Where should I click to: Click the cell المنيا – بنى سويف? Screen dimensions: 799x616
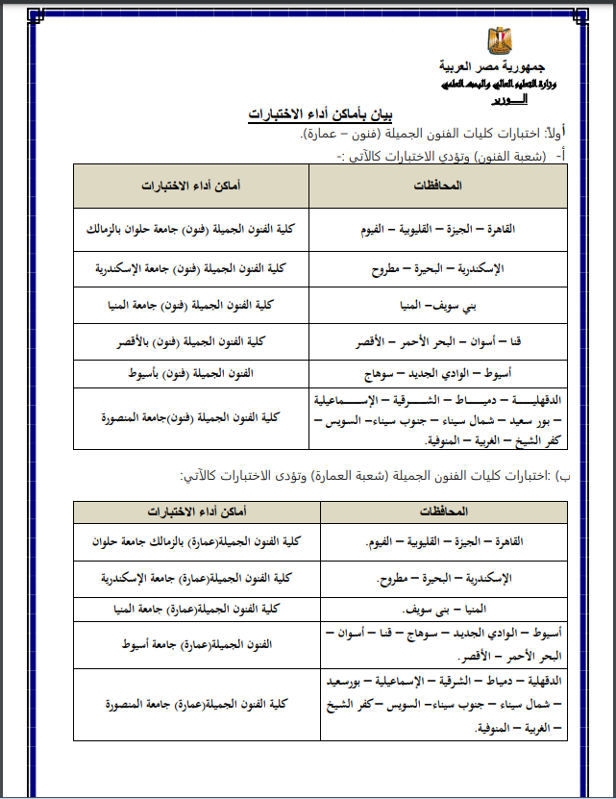444,610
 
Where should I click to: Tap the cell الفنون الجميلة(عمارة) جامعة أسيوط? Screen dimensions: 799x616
198,643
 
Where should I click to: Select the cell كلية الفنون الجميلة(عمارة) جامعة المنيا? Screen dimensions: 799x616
198,610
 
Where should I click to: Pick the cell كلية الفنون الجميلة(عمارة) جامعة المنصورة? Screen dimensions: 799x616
198,705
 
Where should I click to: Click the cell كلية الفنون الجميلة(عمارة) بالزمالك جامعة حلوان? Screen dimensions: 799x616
198,542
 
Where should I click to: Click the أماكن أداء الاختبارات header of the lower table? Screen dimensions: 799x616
198,511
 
